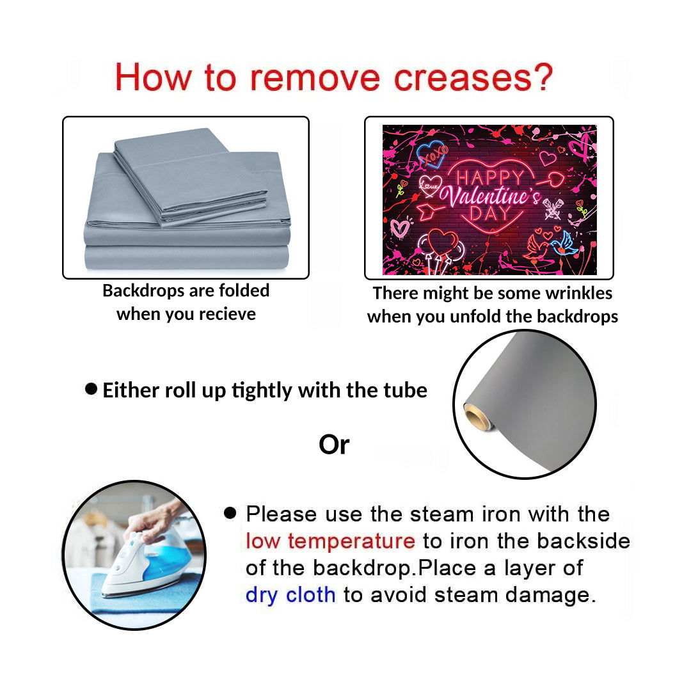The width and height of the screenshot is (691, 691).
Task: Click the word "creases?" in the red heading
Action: point(473,77)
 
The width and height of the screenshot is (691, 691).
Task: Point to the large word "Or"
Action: point(334,445)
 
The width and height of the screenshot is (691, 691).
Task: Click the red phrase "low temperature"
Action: point(331,541)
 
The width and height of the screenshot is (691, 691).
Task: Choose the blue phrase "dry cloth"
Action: point(290,594)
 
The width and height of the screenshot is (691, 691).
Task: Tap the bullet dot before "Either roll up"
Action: point(91,389)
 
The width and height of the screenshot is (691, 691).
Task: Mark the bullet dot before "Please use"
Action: point(230,512)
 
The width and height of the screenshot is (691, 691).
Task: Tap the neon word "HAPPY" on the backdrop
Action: point(489,178)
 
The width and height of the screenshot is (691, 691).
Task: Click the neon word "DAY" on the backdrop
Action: point(490,214)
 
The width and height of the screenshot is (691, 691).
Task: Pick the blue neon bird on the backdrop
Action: point(564,244)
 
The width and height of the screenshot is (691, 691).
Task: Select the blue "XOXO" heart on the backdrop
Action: point(432,154)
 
